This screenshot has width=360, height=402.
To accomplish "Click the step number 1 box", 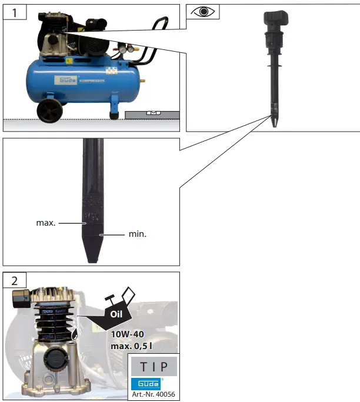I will coord(15,12).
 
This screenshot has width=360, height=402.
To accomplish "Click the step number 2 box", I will coord(15,280).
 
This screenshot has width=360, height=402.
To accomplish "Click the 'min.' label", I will coord(137,234).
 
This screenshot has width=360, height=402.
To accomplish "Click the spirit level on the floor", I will coord(152,112).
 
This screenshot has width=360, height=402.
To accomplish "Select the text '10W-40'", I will coord(126,334).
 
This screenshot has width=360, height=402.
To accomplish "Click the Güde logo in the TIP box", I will coord(145,383).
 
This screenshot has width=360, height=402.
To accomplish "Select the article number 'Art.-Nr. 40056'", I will coord(152,394).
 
